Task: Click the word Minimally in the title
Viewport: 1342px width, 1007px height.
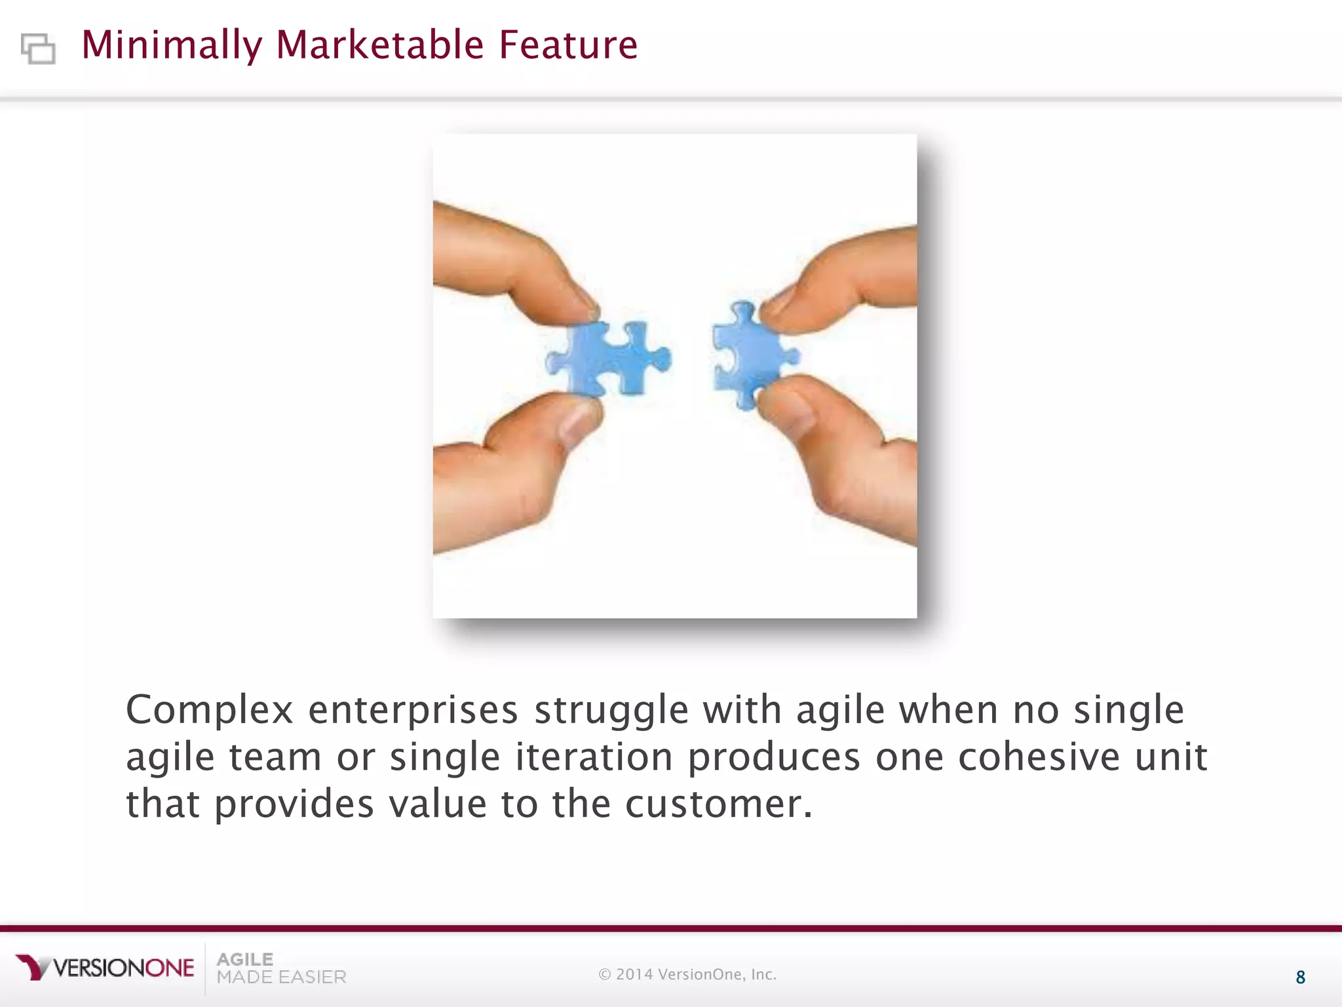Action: coord(171,45)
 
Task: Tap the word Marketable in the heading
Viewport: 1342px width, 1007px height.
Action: coord(380,45)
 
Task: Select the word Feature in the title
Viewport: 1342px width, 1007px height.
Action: coord(568,45)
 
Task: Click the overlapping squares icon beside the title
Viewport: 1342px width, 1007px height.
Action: coord(38,49)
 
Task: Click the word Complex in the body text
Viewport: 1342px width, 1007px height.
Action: coord(209,710)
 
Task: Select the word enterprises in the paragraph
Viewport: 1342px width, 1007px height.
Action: coord(413,710)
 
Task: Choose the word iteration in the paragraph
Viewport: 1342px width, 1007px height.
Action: coord(594,757)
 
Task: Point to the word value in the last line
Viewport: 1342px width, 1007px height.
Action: coord(438,804)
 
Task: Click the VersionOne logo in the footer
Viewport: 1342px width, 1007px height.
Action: coord(105,968)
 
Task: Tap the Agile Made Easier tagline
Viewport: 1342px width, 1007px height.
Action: coord(280,968)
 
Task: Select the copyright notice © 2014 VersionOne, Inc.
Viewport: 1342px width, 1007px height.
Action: coord(687,974)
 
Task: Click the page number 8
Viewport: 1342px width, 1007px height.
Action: coord(1300,977)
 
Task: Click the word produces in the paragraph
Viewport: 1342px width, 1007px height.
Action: coord(773,758)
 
